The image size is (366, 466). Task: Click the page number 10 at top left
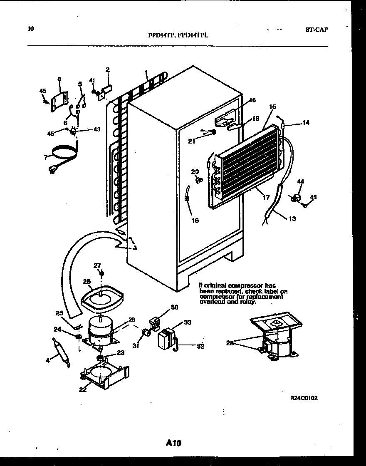pyautogui.click(x=30, y=29)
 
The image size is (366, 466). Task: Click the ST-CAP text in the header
pyautogui.click(x=316, y=30)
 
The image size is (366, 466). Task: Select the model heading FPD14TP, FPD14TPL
pyautogui.click(x=178, y=35)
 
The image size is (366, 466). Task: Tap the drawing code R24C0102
pyautogui.click(x=304, y=398)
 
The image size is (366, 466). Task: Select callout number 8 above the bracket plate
pyautogui.click(x=59, y=79)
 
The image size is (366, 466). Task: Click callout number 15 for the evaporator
pyautogui.click(x=272, y=107)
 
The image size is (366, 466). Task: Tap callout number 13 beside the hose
pyautogui.click(x=292, y=218)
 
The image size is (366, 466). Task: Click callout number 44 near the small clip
pyautogui.click(x=300, y=181)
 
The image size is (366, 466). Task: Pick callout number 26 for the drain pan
pyautogui.click(x=87, y=282)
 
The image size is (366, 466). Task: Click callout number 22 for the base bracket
pyautogui.click(x=83, y=389)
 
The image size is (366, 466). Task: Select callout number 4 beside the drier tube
pyautogui.click(x=48, y=361)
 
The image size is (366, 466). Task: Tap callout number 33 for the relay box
pyautogui.click(x=188, y=322)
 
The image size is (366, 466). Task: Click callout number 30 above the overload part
pyautogui.click(x=174, y=307)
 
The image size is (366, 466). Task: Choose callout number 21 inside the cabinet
pyautogui.click(x=192, y=141)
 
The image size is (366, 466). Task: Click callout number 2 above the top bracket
pyautogui.click(x=107, y=69)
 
